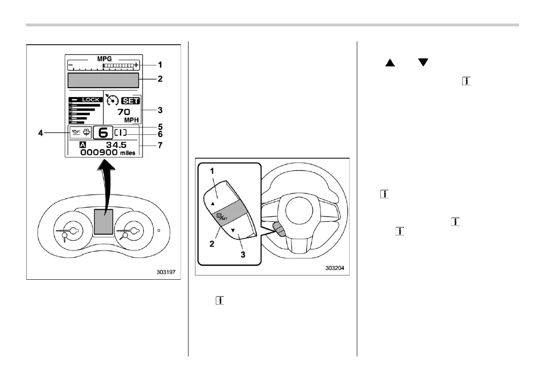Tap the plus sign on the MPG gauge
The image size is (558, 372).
[136, 65]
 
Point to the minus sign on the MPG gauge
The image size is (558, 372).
[70, 65]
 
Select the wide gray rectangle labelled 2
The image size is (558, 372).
[103, 80]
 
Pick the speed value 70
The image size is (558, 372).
[124, 112]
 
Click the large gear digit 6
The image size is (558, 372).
[103, 133]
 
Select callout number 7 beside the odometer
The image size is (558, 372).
[160, 145]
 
